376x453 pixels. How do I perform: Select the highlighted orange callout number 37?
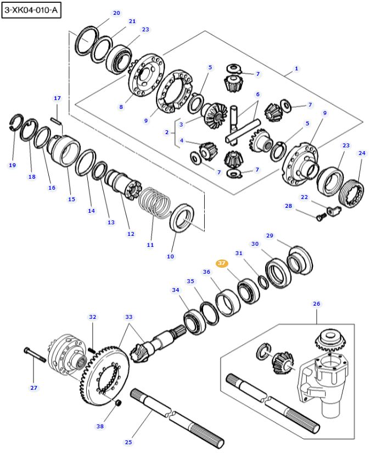(222, 263)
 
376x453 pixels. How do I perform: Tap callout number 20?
(116, 13)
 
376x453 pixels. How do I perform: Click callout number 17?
(57, 98)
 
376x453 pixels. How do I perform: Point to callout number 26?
(316, 303)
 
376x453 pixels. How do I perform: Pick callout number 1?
(296, 69)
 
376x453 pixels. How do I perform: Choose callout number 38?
(100, 426)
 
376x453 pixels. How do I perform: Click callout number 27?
(34, 388)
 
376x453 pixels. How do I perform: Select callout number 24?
(361, 153)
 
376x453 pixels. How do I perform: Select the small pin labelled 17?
(56, 120)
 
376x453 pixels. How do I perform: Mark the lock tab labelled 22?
(332, 209)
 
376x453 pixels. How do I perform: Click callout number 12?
(131, 234)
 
